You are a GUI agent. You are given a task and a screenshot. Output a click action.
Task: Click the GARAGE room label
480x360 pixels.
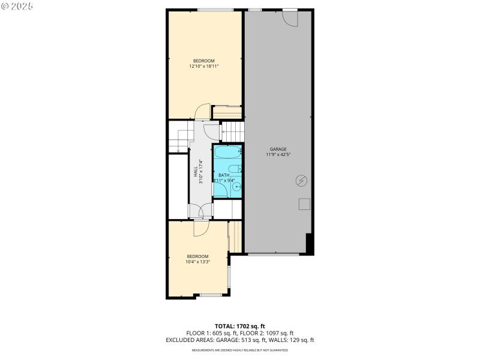tap(278, 149)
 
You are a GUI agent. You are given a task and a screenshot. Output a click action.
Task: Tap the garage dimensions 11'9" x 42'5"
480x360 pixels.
tap(278, 155)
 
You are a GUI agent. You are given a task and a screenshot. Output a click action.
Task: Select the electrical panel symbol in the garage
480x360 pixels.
tap(301, 181)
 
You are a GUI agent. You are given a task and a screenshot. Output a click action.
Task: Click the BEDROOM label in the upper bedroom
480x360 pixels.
tap(204, 61)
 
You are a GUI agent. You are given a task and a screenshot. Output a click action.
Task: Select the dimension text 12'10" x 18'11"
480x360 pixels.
tap(204, 67)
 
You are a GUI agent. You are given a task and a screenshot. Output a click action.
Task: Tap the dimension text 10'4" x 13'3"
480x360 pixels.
tap(197, 262)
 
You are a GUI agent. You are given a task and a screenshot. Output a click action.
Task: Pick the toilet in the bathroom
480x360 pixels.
tap(238, 169)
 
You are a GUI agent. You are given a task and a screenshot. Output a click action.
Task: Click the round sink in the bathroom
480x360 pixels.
tap(237, 187)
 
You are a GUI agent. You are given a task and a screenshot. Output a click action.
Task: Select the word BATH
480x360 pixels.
tap(224, 175)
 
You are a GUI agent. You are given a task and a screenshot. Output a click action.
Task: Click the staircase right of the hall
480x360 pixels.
tap(233, 130)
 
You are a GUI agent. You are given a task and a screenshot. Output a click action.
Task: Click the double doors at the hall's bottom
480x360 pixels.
tap(200, 211)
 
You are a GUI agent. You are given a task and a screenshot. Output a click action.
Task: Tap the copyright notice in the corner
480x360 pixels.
tap(17, 6)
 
